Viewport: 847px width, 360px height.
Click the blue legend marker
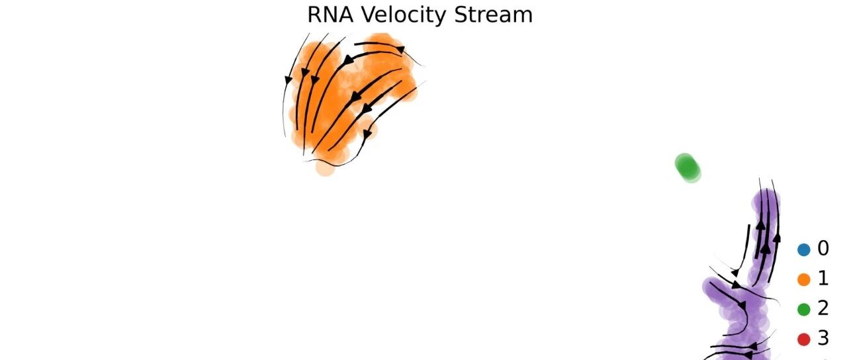804,249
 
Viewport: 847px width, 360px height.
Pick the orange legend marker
804,279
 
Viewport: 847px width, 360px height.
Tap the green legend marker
804,309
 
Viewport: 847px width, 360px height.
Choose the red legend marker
804,339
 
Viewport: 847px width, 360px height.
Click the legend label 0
823,249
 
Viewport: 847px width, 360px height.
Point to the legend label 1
823,279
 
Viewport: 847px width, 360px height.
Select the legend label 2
823,308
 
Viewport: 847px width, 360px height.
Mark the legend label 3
823,339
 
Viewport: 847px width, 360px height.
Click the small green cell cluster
688,167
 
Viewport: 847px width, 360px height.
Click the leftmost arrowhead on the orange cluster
288,80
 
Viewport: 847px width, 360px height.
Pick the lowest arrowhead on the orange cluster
368,134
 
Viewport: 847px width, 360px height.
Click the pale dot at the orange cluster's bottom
325,167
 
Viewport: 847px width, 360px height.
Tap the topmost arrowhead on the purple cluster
761,225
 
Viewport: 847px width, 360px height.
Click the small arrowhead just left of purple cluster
735,272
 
